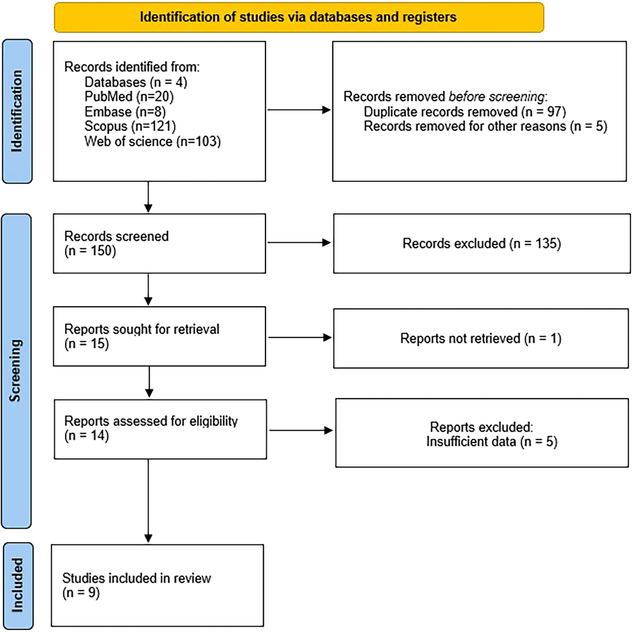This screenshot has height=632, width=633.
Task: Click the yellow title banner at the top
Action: pos(299,17)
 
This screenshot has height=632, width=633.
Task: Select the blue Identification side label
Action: pos(17,111)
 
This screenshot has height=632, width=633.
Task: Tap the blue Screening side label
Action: pos(17,371)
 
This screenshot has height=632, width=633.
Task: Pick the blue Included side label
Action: pos(18,585)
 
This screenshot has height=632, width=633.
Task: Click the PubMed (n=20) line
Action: pos(129,97)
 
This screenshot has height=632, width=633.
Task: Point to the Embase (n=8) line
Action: pos(125,112)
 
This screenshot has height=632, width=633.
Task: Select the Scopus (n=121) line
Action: pos(130,126)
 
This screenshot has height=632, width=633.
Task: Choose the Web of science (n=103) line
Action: pos(152,141)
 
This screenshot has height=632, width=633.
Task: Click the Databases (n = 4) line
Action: pos(136,82)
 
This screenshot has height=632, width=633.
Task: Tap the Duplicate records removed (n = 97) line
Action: pos(465,112)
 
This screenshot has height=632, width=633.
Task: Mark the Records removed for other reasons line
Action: pos(486,126)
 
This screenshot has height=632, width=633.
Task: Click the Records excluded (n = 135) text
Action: pos(482,244)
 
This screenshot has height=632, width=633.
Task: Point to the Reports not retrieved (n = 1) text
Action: pos(481,339)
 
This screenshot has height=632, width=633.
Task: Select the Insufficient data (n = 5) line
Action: pos(492,441)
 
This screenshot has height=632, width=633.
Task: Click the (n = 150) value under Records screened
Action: pos(90,250)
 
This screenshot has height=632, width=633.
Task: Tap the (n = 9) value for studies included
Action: pos(81,593)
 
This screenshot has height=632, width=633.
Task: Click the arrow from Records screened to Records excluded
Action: pos(299,243)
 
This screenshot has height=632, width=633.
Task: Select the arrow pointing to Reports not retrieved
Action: pos(300,338)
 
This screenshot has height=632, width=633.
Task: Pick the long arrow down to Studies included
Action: pos(148,501)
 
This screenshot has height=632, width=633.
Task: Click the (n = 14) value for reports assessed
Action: pos(86,436)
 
